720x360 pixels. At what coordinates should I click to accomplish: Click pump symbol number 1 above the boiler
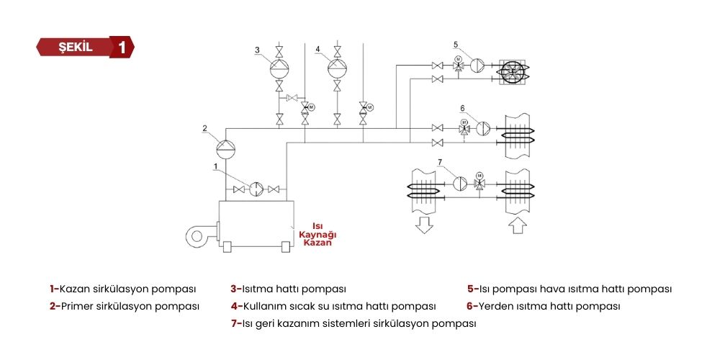(x=256, y=189)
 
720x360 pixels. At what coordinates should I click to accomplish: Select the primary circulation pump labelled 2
(x=226, y=148)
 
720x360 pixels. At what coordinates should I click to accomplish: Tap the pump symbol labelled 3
(x=279, y=69)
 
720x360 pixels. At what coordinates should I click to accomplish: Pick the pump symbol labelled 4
(x=336, y=69)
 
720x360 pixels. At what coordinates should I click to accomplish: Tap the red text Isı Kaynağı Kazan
(x=318, y=234)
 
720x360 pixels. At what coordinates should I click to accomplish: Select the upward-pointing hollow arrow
(x=518, y=225)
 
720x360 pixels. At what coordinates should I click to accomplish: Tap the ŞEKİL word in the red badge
(x=78, y=48)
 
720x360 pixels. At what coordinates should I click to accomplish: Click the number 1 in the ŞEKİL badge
(x=122, y=48)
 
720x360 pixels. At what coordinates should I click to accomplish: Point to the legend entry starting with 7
(x=354, y=323)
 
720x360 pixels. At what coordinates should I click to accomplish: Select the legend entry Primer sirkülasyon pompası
(x=124, y=306)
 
